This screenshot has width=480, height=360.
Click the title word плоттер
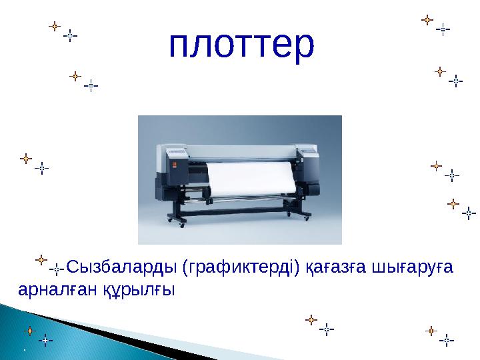point(241,45)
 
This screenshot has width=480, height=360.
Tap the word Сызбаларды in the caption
point(123,268)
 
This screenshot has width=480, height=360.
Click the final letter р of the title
point(302,48)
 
